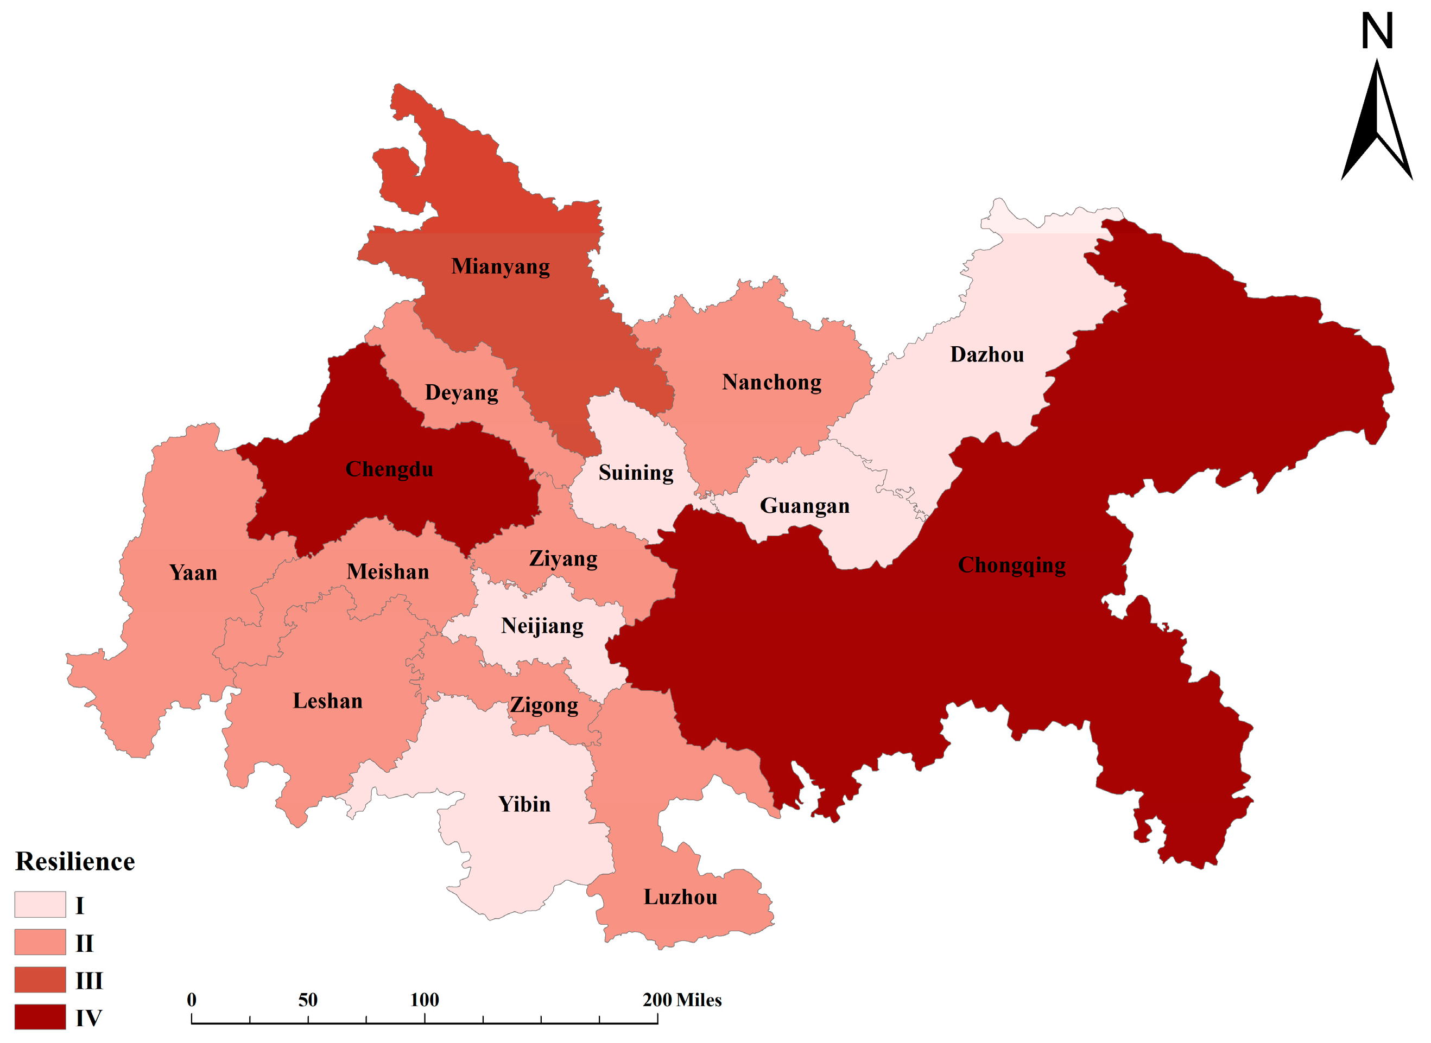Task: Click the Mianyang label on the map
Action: click(x=500, y=266)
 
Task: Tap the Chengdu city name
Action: click(x=389, y=470)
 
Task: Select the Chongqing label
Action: click(x=1012, y=565)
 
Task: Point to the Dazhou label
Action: click(x=986, y=355)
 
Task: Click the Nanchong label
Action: click(x=772, y=383)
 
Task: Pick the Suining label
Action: click(x=635, y=473)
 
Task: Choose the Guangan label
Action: click(x=805, y=506)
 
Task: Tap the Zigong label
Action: click(x=544, y=705)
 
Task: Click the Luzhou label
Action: click(x=680, y=898)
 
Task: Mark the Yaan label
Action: click(x=193, y=573)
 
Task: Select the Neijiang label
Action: click(x=542, y=626)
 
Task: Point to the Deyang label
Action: click(x=461, y=393)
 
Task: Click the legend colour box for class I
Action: click(x=40, y=905)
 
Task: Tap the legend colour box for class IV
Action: click(x=40, y=1017)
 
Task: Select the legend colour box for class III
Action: click(x=40, y=980)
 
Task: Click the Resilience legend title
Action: click(x=75, y=862)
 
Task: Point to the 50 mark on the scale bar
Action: click(x=308, y=1000)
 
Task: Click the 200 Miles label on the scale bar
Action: click(x=682, y=1000)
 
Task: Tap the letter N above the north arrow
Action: click(x=1377, y=31)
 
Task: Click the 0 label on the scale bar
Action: click(x=191, y=1000)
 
